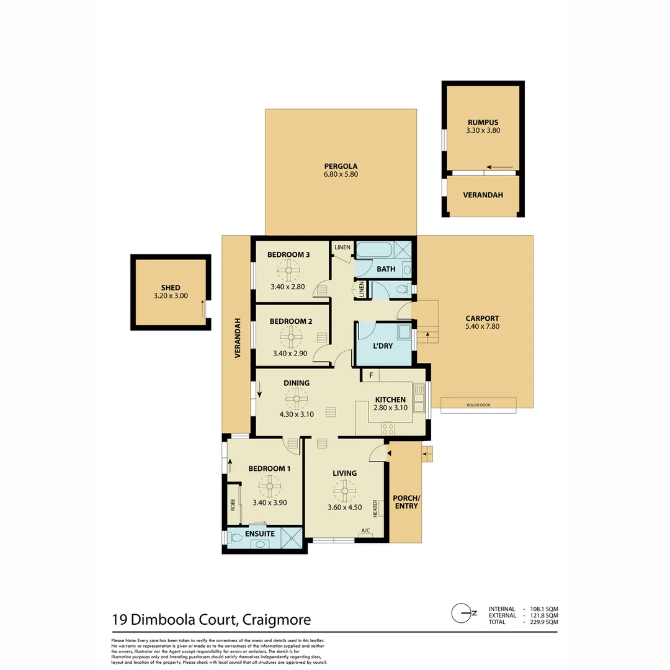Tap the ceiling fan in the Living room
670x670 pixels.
(x=344, y=491)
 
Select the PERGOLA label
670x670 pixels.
(x=341, y=166)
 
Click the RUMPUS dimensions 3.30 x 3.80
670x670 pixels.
(x=483, y=131)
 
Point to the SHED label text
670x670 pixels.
(x=170, y=288)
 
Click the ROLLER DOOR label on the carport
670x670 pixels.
(x=478, y=405)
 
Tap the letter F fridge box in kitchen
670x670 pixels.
(x=370, y=375)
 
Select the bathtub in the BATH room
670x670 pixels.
(x=375, y=251)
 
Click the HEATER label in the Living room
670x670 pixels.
(x=375, y=509)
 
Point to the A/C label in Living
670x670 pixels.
(x=365, y=530)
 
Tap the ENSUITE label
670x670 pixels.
(x=259, y=534)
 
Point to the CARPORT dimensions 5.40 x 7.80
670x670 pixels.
(x=482, y=326)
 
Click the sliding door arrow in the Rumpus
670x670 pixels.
(x=500, y=167)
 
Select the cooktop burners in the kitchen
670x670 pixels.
(x=388, y=427)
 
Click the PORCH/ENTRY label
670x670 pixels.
(x=406, y=502)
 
